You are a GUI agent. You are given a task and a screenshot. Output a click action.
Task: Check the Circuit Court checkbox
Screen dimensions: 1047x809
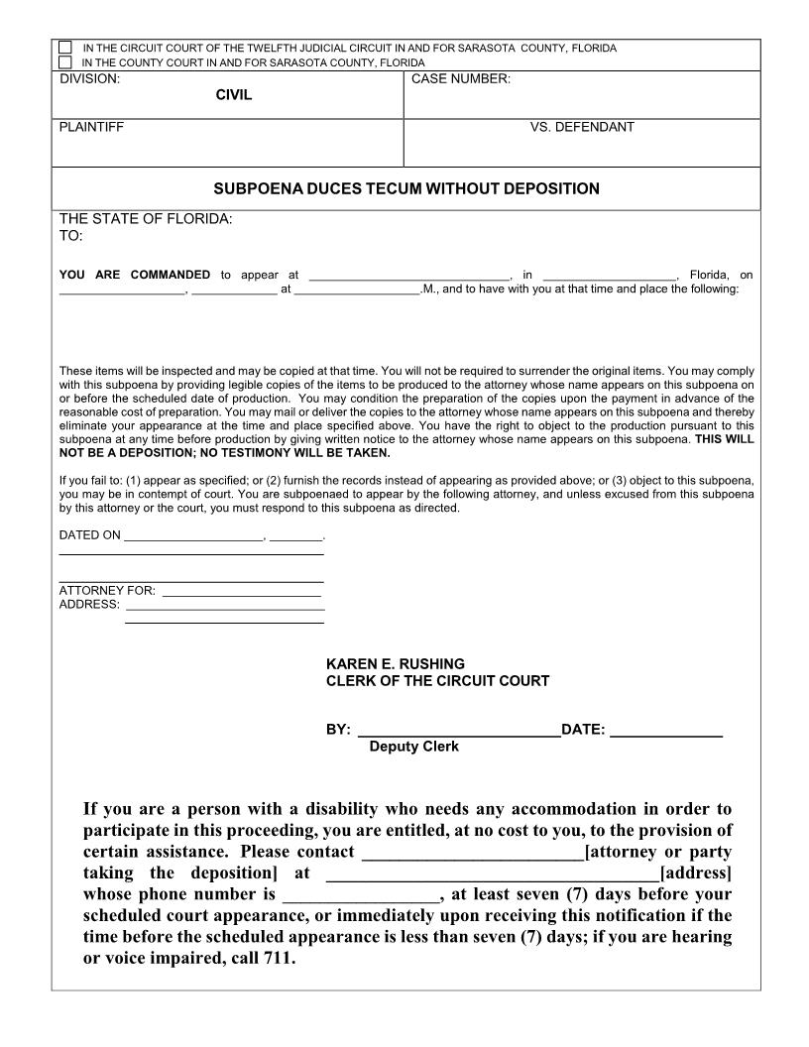point(65,48)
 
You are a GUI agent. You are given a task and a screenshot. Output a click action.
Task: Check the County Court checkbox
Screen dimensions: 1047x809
point(65,61)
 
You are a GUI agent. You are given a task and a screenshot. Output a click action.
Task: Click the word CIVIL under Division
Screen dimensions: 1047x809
point(234,95)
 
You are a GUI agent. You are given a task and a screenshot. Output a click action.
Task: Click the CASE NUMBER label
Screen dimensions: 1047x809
point(460,78)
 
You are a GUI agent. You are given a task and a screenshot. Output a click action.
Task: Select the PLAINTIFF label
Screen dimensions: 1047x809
point(92,127)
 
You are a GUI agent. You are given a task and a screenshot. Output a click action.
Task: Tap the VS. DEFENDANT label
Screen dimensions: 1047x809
point(582,127)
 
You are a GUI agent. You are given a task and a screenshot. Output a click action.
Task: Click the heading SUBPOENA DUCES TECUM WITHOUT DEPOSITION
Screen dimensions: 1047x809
point(406,188)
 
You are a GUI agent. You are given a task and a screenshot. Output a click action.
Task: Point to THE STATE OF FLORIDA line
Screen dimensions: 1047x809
point(146,219)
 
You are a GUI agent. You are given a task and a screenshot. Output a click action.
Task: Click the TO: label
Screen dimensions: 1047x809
point(71,237)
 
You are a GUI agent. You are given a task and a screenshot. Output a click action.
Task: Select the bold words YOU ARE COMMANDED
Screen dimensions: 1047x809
point(135,275)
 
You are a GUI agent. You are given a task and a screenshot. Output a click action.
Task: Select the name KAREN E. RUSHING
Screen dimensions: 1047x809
point(395,663)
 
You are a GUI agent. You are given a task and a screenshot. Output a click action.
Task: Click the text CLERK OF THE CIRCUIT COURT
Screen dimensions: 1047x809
point(437,681)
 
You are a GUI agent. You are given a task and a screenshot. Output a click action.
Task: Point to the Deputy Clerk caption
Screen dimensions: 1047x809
point(413,747)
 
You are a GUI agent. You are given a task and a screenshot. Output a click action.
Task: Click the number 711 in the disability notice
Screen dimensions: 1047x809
point(279,959)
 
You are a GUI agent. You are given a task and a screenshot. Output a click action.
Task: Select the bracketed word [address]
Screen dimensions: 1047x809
point(695,872)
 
